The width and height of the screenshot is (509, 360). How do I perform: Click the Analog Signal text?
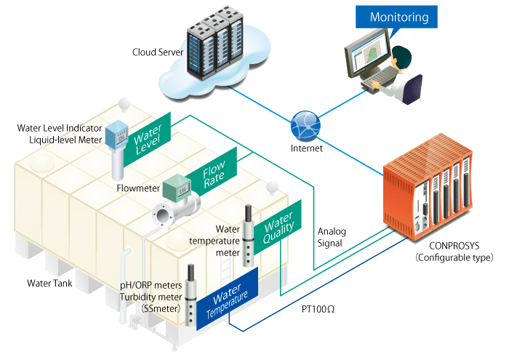click(332, 238)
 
